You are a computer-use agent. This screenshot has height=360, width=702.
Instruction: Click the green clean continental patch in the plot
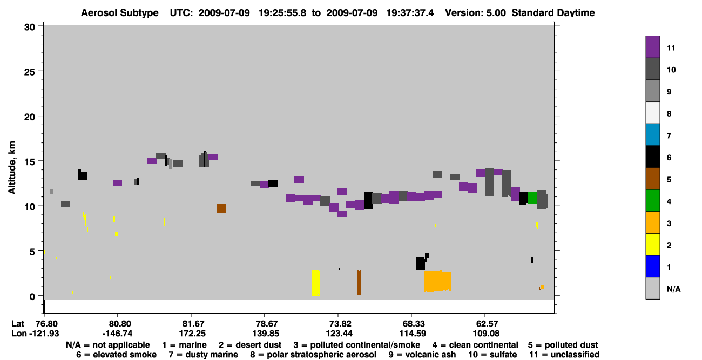click(532, 198)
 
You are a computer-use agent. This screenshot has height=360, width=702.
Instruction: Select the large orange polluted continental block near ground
click(437, 281)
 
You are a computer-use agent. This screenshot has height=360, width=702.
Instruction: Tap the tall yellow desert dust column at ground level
click(316, 283)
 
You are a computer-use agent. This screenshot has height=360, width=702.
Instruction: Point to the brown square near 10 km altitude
click(221, 208)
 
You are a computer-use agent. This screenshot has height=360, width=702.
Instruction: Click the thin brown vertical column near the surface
click(359, 282)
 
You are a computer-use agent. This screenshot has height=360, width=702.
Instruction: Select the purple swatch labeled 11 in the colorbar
click(652, 47)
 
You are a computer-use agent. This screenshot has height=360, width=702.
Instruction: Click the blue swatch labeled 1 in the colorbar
click(652, 266)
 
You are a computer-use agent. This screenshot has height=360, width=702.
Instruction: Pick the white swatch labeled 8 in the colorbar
click(652, 113)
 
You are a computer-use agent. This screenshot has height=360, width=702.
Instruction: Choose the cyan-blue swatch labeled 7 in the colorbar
click(652, 135)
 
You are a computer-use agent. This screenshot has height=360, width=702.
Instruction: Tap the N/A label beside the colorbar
click(673, 289)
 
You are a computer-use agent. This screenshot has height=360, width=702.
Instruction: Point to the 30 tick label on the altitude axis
click(30, 28)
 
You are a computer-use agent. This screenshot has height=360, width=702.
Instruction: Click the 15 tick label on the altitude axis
click(30, 161)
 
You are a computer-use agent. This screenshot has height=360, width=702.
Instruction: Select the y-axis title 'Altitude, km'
click(12, 168)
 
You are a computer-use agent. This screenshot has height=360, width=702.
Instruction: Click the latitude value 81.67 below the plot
click(194, 324)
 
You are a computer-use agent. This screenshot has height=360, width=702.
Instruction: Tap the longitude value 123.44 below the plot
click(339, 334)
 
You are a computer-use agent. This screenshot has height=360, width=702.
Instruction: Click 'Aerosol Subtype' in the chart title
click(120, 13)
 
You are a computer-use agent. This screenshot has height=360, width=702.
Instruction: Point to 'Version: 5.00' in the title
click(475, 13)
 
